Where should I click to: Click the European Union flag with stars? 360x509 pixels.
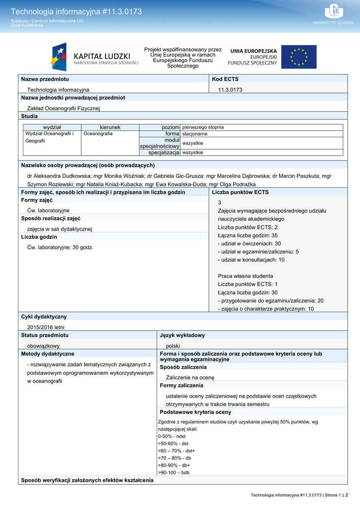298,57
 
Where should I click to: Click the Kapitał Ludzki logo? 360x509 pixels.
94,58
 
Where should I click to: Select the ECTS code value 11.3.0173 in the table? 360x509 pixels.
230,89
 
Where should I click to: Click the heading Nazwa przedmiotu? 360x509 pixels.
45,79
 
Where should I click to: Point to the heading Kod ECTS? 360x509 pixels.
225,79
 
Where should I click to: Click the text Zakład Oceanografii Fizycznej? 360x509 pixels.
64,108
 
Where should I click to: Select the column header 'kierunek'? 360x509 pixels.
110,127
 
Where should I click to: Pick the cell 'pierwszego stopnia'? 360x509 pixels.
203,127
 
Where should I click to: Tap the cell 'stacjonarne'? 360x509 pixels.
195,134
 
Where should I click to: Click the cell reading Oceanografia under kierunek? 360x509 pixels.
98,134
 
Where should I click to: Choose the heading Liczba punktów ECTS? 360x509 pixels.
240,192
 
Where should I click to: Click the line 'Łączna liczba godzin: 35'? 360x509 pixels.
248,235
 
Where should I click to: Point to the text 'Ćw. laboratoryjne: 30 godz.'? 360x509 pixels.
60,247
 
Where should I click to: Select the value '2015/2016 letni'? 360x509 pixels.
46,327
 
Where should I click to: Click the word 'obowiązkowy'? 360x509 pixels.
43,345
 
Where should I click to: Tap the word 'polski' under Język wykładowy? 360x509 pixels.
173,345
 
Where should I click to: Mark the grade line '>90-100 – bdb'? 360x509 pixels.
174,473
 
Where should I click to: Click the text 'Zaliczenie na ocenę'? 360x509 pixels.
190,377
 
